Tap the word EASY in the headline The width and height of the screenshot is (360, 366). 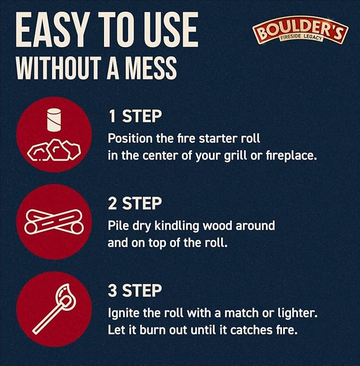[52, 29]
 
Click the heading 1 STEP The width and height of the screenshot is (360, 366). [135, 116]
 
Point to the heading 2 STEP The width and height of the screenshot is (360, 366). [135, 203]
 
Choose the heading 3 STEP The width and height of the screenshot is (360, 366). [135, 290]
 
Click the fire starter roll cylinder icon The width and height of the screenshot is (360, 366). [54, 119]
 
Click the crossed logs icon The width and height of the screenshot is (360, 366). [54, 222]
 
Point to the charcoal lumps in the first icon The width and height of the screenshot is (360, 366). [54, 150]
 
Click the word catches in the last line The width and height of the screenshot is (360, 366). [251, 330]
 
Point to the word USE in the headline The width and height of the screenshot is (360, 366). [171, 29]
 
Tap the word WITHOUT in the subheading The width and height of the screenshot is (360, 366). [58, 68]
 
